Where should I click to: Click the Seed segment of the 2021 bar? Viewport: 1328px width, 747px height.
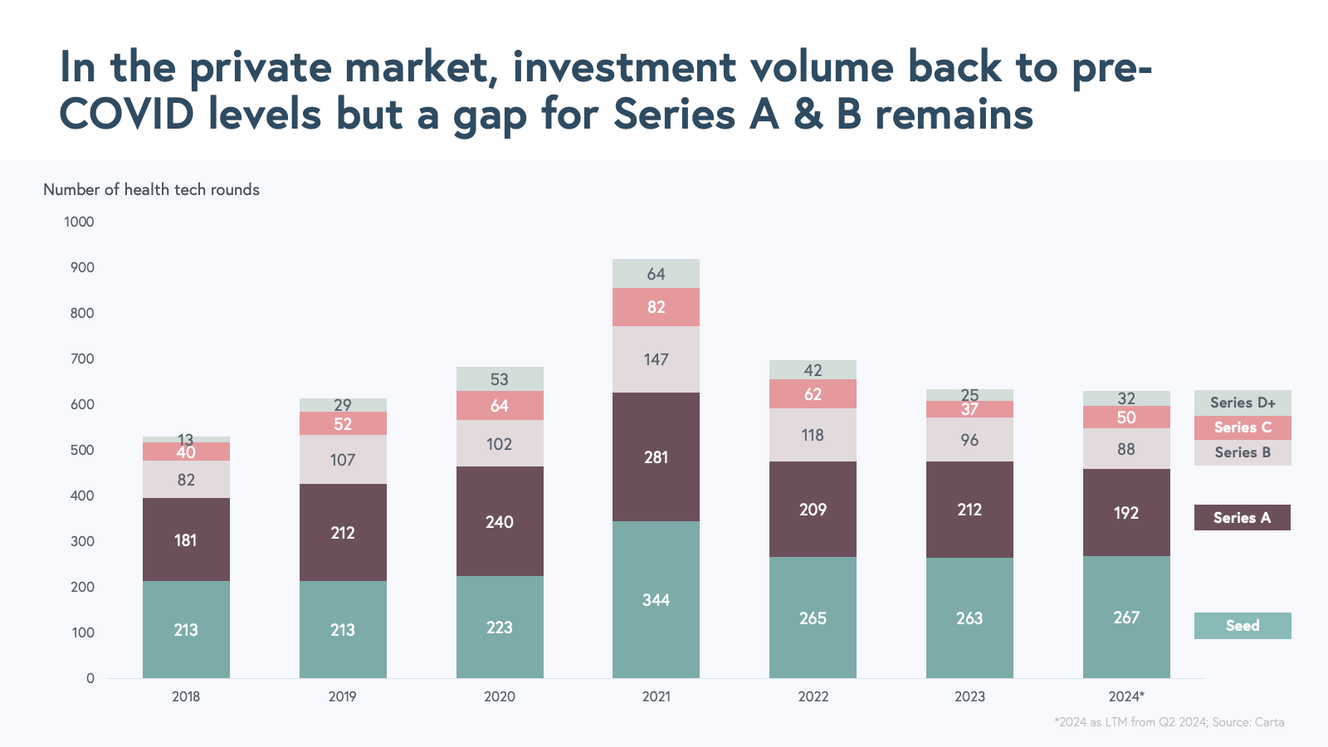pyautogui.click(x=656, y=599)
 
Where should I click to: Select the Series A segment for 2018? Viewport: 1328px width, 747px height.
pyautogui.click(x=186, y=539)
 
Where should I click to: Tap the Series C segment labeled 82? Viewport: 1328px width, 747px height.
pyautogui.click(x=656, y=307)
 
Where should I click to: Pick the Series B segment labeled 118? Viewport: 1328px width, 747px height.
pyautogui.click(x=813, y=435)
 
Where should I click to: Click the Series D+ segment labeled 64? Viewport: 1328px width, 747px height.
pyautogui.click(x=656, y=274)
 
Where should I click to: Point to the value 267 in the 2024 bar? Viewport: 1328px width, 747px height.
pyautogui.click(x=1126, y=618)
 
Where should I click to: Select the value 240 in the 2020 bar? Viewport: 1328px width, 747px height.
pyautogui.click(x=499, y=522)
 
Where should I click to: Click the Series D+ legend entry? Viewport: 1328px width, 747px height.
pyautogui.click(x=1243, y=403)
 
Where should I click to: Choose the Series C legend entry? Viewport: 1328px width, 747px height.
pyautogui.click(x=1243, y=427)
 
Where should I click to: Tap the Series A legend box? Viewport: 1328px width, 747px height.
pyautogui.click(x=1243, y=518)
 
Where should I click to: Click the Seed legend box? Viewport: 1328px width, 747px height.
pyautogui.click(x=1243, y=626)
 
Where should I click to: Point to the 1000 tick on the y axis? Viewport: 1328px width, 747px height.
pyautogui.click(x=79, y=222)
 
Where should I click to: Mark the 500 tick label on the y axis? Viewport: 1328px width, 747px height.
pyautogui.click(x=82, y=450)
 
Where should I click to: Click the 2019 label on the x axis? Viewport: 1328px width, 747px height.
pyautogui.click(x=342, y=696)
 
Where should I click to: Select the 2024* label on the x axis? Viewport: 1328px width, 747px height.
pyautogui.click(x=1126, y=696)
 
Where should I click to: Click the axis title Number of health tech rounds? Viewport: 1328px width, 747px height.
pyautogui.click(x=151, y=190)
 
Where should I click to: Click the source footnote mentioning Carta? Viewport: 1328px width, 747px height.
pyautogui.click(x=1169, y=722)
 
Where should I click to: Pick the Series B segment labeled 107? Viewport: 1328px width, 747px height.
pyautogui.click(x=342, y=460)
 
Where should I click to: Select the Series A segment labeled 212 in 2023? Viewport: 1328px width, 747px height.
pyautogui.click(x=969, y=510)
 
